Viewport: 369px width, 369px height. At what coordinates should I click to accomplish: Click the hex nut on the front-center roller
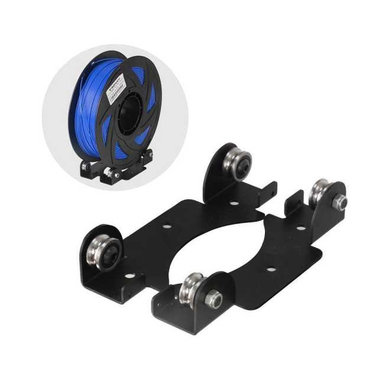point(213,299)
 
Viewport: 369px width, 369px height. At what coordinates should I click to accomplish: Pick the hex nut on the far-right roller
point(340,203)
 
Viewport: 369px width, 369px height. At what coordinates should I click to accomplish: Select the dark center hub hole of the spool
point(130,115)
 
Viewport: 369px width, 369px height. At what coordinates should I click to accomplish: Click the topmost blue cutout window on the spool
point(138,73)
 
